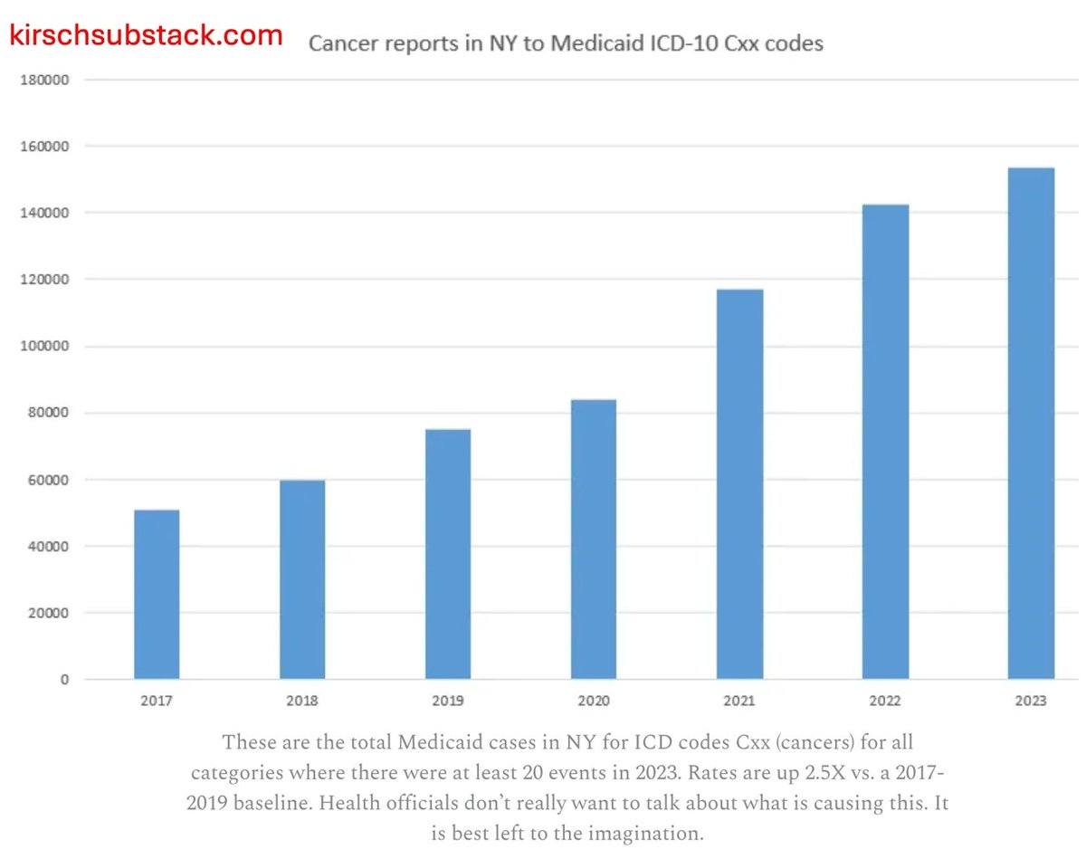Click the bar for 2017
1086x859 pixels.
pos(157,594)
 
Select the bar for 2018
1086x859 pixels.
pos(302,579)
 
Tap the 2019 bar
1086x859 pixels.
pos(448,554)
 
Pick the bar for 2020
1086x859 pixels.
pos(594,539)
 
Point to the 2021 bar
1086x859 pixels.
pos(739,484)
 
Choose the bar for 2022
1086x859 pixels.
pos(885,442)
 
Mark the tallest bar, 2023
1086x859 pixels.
pos(1031,424)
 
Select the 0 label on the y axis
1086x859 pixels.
pos(64,680)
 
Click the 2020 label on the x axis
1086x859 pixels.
pos(594,701)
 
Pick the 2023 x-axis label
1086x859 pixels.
pos(1031,701)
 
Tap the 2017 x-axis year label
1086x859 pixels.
pos(157,701)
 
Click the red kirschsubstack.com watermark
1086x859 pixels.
pos(146,36)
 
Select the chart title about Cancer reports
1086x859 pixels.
pos(566,43)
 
